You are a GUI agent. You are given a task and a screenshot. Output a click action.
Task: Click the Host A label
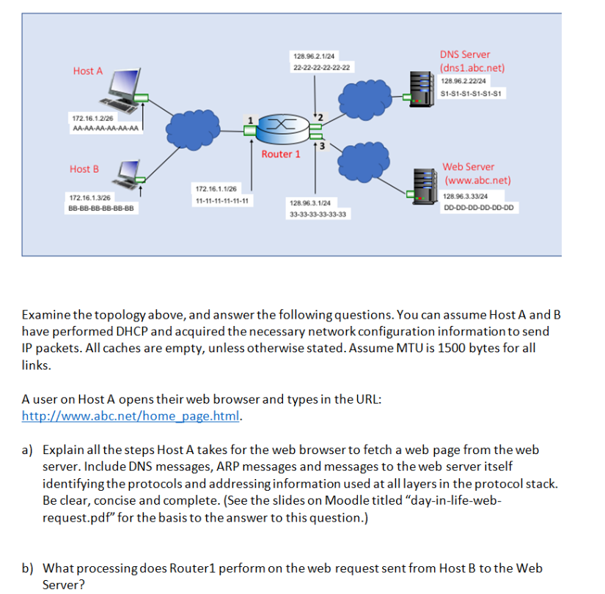coord(88,71)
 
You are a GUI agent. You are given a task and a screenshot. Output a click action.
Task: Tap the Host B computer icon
coord(127,174)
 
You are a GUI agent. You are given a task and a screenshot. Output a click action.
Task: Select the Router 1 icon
coord(283,129)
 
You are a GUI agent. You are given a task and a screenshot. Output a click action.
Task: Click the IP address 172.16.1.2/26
coord(92,119)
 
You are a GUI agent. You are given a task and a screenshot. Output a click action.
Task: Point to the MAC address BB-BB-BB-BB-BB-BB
coord(101,208)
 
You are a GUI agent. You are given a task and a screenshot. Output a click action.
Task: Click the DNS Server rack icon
coord(422,89)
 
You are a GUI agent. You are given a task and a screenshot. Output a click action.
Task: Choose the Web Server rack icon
coord(425,186)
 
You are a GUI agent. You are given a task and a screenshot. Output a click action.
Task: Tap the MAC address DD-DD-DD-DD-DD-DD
coord(478,207)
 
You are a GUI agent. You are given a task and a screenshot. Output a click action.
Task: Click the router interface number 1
coord(250,120)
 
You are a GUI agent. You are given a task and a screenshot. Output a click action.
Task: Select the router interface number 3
coord(322,146)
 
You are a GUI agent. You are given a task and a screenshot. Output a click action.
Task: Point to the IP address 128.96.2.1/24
coord(314,56)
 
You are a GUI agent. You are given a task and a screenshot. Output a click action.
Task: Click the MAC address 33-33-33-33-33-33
coord(318,215)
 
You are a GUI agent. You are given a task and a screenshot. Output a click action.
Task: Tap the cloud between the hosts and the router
coord(193,130)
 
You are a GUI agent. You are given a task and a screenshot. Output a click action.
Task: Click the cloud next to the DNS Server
coord(364,100)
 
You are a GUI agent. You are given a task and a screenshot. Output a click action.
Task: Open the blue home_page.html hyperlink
coord(131,416)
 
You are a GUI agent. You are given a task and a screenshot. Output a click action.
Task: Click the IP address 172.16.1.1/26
coord(216,189)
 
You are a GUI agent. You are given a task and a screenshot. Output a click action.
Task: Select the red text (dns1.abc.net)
coord(472,68)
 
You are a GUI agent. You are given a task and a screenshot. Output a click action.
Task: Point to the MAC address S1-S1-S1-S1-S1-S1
coord(471,93)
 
